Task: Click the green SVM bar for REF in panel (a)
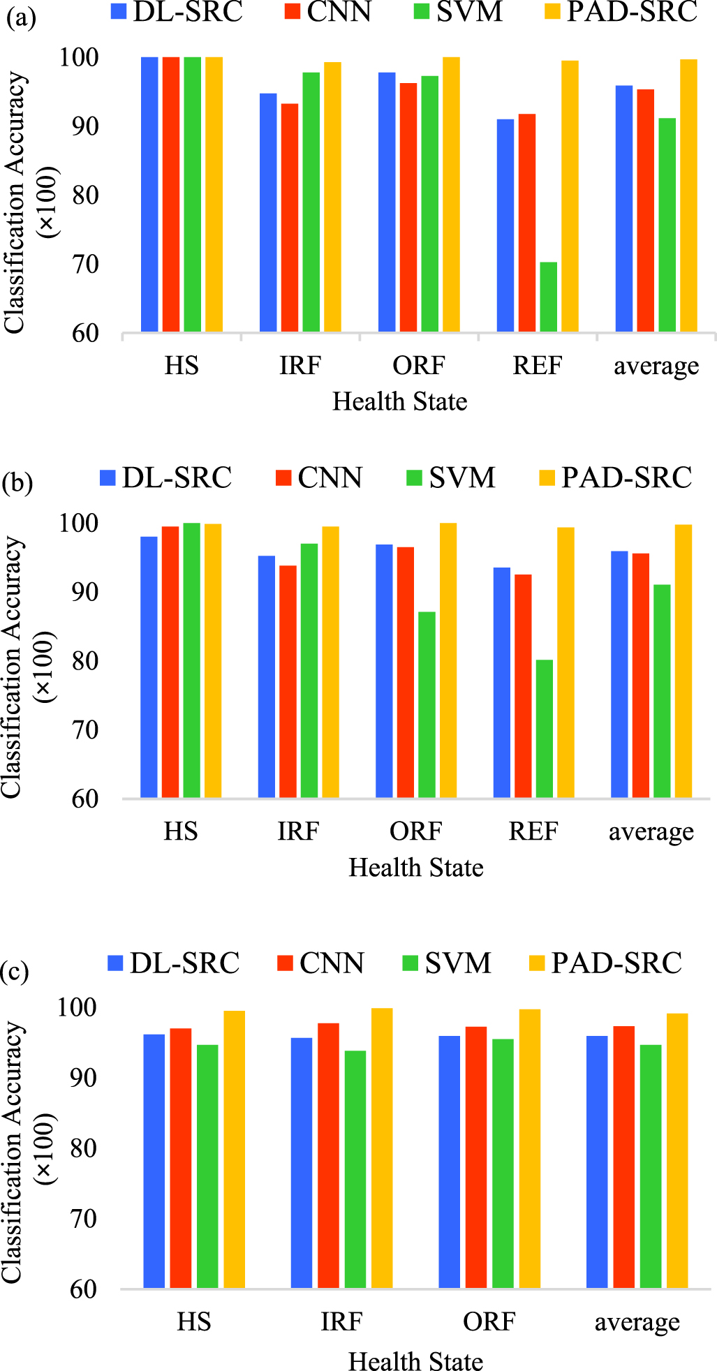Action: click(x=548, y=297)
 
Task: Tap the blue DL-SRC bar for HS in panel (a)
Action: click(x=149, y=194)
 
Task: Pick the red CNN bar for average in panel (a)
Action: click(x=645, y=210)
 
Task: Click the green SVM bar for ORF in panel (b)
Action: click(x=427, y=704)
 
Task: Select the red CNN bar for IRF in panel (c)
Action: click(x=328, y=1155)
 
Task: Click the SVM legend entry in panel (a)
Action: click(x=458, y=12)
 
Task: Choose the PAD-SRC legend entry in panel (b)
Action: click(x=615, y=478)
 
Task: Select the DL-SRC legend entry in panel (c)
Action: click(x=174, y=963)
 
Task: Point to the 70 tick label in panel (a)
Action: click(x=85, y=265)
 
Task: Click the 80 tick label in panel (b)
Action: click(x=85, y=660)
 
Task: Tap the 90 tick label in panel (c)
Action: click(x=84, y=1077)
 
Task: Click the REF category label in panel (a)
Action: click(x=537, y=365)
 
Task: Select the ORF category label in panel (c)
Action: click(x=489, y=1321)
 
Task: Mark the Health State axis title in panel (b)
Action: click(x=415, y=868)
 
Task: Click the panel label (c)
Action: click(x=14, y=972)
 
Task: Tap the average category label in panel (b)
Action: click(x=651, y=831)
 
